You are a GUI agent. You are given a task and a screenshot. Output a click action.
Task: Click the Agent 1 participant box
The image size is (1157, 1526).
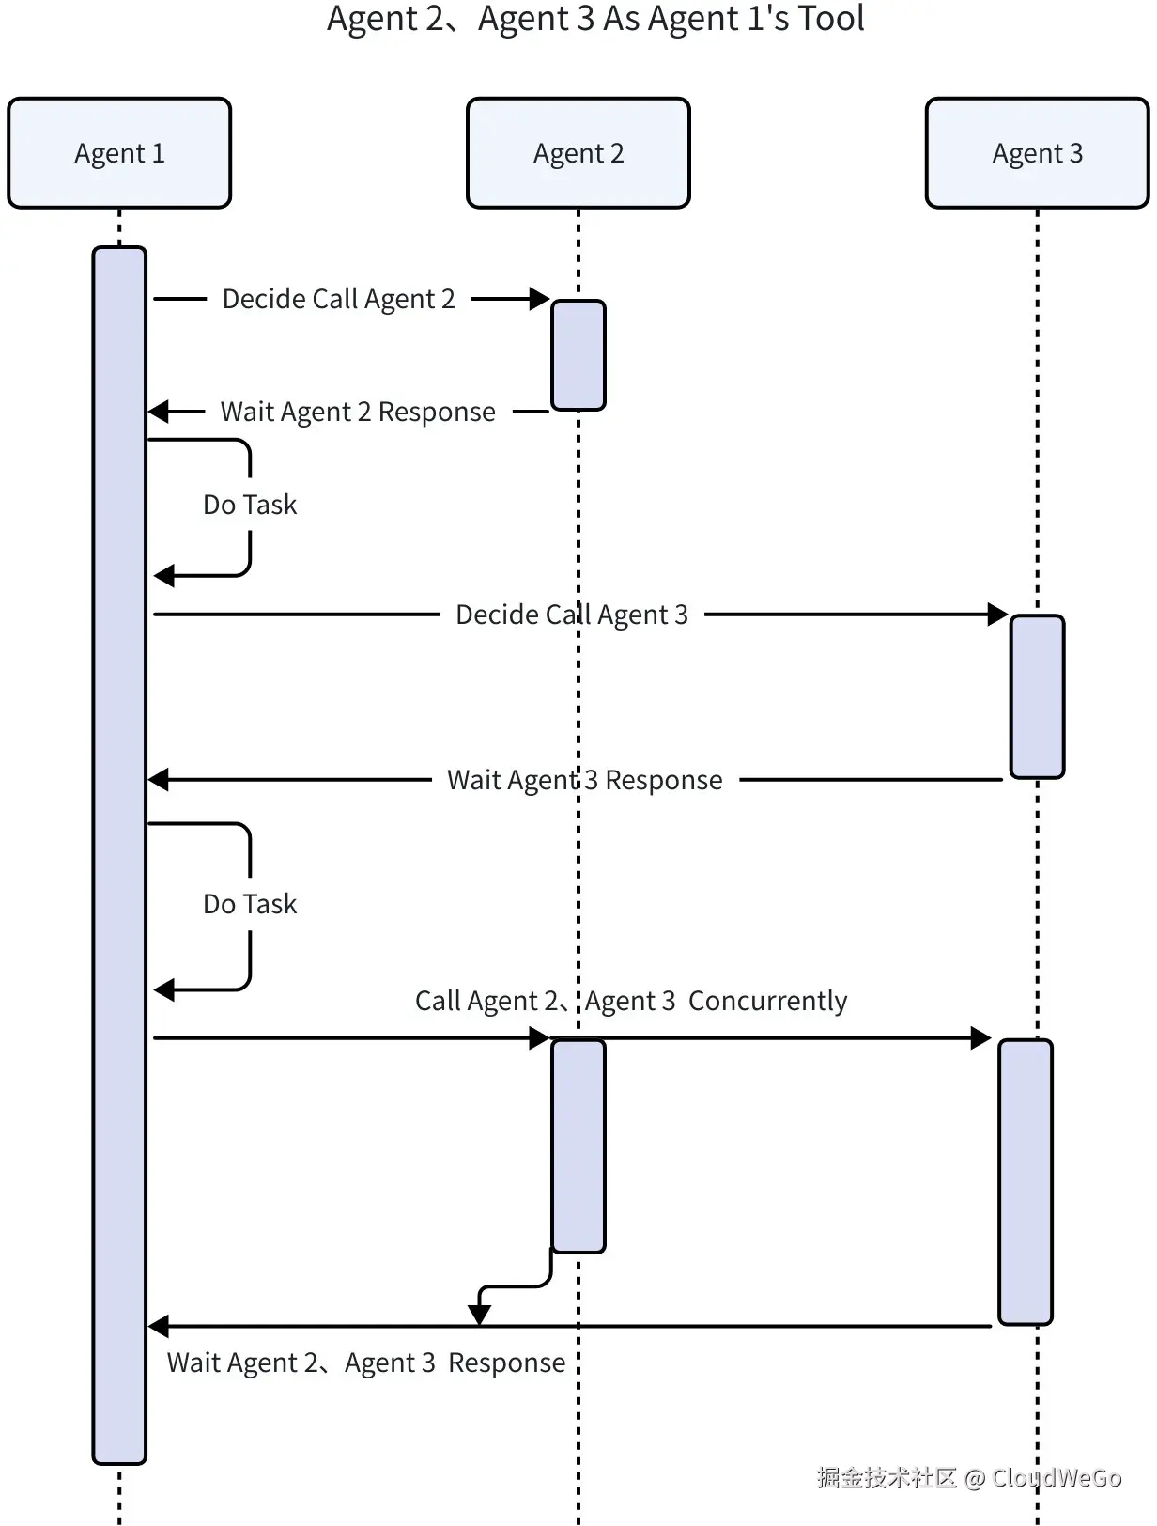119,153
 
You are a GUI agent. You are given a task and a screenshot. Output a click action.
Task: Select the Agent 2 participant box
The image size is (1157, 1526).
578,153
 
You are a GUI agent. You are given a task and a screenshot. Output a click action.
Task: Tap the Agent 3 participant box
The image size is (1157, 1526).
1037,153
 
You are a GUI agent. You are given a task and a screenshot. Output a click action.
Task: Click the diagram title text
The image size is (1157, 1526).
595,19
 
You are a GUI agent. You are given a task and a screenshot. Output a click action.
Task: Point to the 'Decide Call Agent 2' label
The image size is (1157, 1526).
338,299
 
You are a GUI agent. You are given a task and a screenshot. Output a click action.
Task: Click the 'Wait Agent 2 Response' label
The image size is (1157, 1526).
358,412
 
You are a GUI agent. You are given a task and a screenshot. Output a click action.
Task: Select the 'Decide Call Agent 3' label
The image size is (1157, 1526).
571,615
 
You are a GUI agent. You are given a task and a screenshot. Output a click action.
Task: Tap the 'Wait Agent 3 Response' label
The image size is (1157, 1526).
584,780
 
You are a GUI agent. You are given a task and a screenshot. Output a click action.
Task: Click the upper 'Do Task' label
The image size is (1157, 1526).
250,505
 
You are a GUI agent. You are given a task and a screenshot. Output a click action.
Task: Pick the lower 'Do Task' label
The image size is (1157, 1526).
250,904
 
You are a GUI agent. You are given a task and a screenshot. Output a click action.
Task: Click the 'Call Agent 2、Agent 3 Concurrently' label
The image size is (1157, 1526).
631,1001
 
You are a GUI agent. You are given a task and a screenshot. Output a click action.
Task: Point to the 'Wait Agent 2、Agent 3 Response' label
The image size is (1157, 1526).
366,1362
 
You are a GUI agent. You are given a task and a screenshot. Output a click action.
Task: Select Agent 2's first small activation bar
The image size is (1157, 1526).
578,355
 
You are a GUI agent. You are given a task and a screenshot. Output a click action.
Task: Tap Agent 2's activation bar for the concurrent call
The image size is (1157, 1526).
578,1145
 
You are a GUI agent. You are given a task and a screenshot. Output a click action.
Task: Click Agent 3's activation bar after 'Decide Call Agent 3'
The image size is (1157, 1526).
1037,696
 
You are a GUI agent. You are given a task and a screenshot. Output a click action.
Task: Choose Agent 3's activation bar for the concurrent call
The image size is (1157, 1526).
1026,1182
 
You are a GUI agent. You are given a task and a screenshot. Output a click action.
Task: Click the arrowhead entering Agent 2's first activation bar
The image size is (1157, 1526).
540,299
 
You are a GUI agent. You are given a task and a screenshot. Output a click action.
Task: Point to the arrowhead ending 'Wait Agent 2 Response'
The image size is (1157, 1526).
159,412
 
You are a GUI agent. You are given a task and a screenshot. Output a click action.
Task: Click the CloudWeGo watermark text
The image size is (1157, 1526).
968,1478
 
